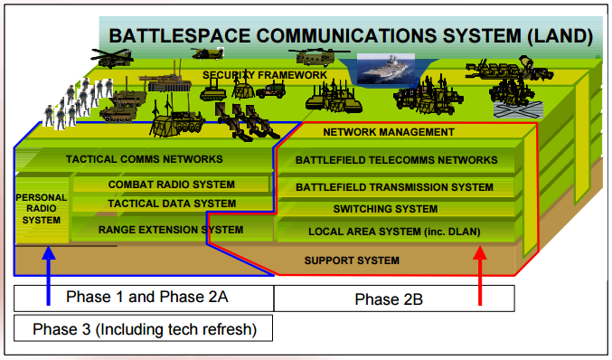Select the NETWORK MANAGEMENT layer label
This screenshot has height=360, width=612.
(x=388, y=132)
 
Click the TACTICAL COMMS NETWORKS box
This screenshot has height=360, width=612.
(x=144, y=159)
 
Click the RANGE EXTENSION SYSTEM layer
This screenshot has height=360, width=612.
(x=171, y=230)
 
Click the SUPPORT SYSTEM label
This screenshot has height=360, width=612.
(x=352, y=261)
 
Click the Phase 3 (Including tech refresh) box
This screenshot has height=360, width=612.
(x=144, y=329)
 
